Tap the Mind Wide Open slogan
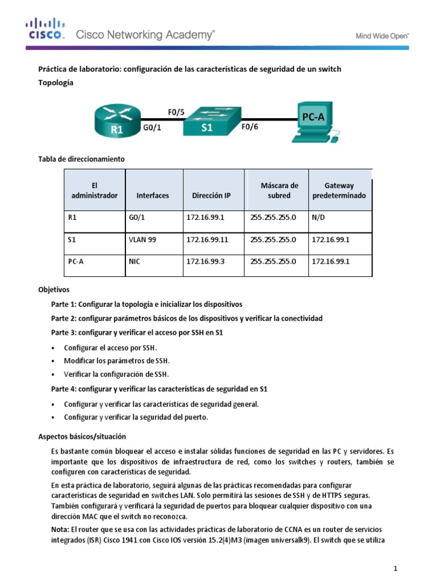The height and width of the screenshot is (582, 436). [382, 35]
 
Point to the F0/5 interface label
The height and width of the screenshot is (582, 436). [176, 112]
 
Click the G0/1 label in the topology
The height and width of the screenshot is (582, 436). [152, 128]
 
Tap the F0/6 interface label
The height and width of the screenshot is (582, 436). [250, 127]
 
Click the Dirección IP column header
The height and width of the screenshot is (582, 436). [211, 196]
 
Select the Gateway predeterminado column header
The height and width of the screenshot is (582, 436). [339, 190]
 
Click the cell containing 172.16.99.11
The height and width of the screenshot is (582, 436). [207, 240]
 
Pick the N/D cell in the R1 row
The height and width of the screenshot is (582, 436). [318, 217]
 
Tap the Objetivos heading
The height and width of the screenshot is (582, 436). [54, 289]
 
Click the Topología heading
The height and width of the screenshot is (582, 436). [56, 82]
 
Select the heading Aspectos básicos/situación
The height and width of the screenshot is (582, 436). [82, 436]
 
